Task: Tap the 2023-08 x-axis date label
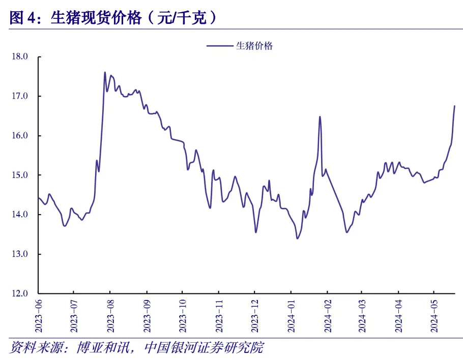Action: click(111, 315)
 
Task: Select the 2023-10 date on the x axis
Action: click(183, 315)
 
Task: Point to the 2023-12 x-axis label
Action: click(255, 315)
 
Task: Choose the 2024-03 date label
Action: click(362, 315)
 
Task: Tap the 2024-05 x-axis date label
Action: click(433, 315)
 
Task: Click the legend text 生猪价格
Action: click(254, 46)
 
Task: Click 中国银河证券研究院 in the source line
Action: click(204, 348)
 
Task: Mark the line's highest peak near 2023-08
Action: click(105, 72)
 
